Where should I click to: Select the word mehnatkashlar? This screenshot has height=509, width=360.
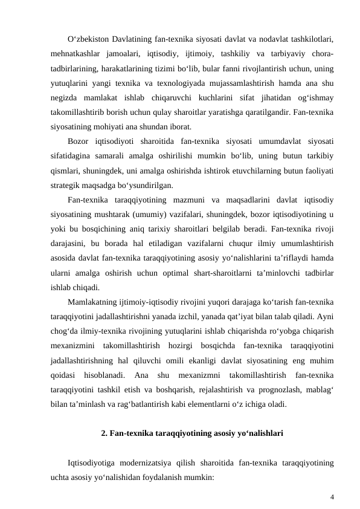[74, 54]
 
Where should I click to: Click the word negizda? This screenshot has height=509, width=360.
[65, 98]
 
